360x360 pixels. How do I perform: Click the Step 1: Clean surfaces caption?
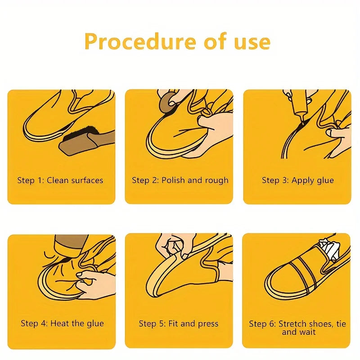point(60,180)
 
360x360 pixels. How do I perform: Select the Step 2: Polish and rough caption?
point(180,180)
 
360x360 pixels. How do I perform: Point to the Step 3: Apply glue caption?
point(298,180)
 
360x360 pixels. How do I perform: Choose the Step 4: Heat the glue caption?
point(62,324)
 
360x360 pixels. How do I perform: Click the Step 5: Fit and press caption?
point(179,324)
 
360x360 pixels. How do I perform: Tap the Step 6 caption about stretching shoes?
point(298,328)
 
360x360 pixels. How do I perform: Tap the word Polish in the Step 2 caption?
point(174,180)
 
